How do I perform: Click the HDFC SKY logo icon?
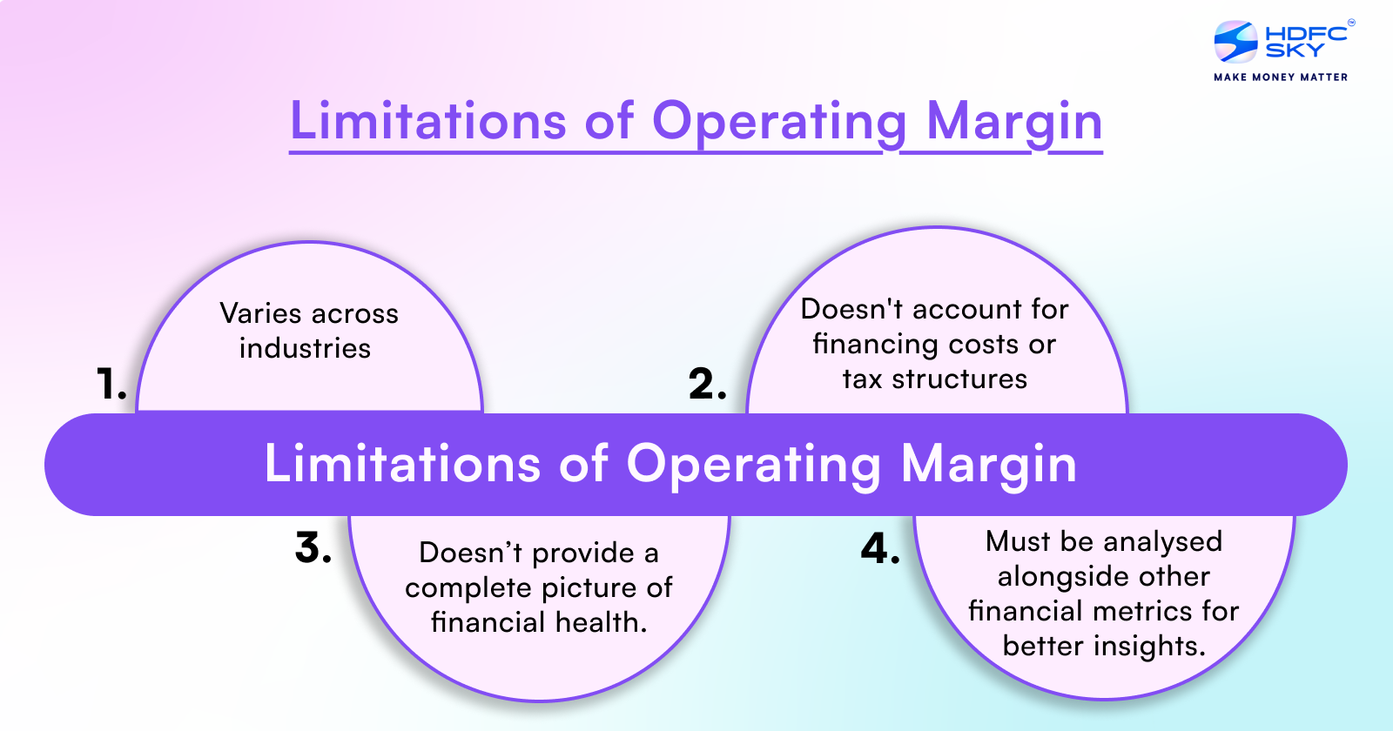[1235, 42]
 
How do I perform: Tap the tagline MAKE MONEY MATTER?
[1281, 77]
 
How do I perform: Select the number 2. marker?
[707, 385]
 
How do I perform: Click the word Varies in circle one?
[260, 313]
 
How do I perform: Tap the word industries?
[305, 348]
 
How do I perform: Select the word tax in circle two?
[862, 379]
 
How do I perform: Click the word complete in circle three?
[462, 589]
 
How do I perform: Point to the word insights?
[1149, 647]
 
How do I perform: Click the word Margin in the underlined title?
[1014, 122]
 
